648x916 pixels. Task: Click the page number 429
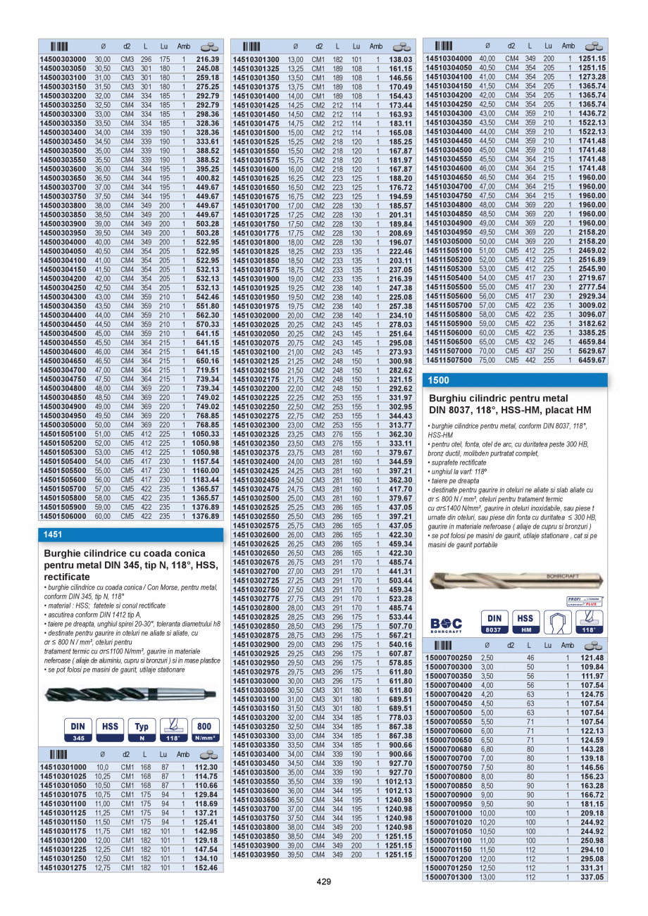pyautogui.click(x=323, y=882)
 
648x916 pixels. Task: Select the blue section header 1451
pyautogui.click(x=53, y=534)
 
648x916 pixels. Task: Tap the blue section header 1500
pyautogui.click(x=438, y=380)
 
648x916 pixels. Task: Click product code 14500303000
pyautogui.click(x=63, y=60)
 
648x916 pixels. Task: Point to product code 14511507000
pyautogui.click(x=449, y=351)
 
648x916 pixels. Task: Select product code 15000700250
pyautogui.click(x=449, y=657)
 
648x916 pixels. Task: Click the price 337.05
pyautogui.click(x=592, y=877)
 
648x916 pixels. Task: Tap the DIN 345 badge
pyautogui.click(x=79, y=729)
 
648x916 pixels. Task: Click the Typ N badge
pyautogui.click(x=142, y=729)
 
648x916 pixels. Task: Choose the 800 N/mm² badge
pyautogui.click(x=204, y=729)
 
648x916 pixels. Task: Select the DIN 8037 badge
pyautogui.click(x=494, y=622)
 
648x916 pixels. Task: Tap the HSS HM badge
pyautogui.click(x=525, y=622)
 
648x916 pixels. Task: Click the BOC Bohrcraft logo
pyautogui.click(x=447, y=625)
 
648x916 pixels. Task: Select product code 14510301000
pyautogui.click(x=63, y=767)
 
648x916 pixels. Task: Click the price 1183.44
pyautogui.click(x=207, y=479)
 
